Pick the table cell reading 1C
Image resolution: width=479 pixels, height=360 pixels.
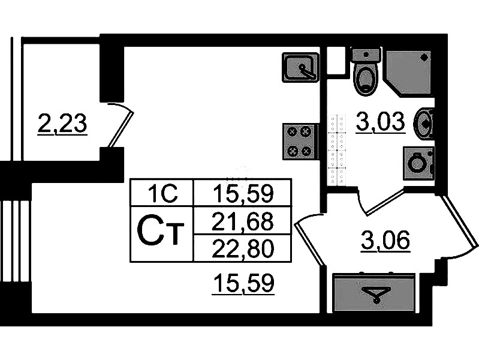tap(162, 193)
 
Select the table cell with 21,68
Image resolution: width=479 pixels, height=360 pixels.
tap(243, 222)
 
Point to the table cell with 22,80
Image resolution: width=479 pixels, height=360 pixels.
tap(243, 248)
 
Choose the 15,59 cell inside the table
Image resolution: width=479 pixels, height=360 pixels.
tap(243, 193)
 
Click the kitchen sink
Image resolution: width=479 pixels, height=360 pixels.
tap(300, 67)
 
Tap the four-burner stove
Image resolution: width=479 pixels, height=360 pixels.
tap(299, 141)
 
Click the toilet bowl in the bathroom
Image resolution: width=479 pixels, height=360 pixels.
tap(364, 80)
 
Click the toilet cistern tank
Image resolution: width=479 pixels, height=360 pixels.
tap(365, 55)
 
